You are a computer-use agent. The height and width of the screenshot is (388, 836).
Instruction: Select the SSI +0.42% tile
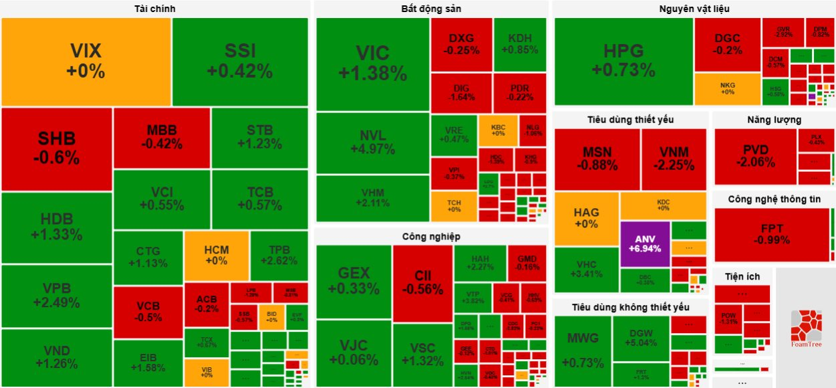(240, 61)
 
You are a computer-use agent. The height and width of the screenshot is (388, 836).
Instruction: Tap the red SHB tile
(57, 149)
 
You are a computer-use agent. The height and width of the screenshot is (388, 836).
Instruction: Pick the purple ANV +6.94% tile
(645, 244)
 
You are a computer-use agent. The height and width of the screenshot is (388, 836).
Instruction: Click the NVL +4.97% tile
(372, 142)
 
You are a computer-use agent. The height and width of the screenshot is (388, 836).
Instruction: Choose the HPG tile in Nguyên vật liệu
(623, 60)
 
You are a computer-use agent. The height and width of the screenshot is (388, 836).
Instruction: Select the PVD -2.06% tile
(755, 156)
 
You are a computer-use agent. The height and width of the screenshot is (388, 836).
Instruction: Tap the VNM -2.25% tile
(673, 159)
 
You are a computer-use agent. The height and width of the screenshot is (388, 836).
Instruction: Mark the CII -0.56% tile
(422, 282)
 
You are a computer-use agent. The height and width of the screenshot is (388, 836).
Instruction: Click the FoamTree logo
(805, 328)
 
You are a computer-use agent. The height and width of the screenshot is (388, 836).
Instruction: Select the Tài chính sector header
(154, 9)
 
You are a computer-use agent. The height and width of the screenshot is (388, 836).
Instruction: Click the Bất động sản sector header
(431, 9)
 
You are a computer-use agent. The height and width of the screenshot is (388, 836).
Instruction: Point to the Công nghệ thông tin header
(774, 199)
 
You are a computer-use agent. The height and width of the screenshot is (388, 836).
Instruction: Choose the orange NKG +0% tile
(727, 88)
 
